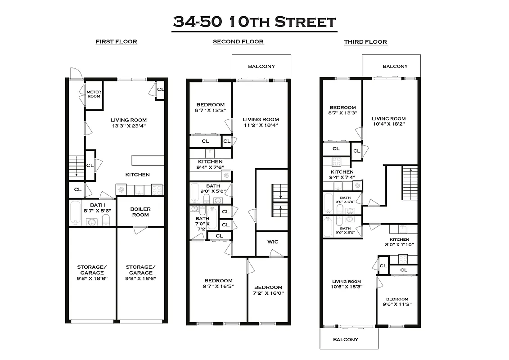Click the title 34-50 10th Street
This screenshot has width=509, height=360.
point(254,22)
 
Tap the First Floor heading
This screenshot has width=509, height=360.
point(116,42)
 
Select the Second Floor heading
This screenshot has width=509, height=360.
point(238,42)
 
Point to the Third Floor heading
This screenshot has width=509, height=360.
point(365,42)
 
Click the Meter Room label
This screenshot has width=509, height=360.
point(93,94)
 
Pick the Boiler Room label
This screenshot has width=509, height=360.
point(140,212)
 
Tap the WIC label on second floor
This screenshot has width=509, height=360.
point(273,242)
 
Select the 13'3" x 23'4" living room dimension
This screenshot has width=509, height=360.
point(129,126)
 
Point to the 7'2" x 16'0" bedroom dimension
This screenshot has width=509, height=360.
point(268,293)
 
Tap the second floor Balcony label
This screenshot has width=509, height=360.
point(261,67)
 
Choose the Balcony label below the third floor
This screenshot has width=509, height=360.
point(346,339)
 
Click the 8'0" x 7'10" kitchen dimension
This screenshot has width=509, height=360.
point(399,245)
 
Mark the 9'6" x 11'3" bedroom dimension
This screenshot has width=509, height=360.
point(397,305)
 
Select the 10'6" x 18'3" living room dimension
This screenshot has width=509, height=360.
point(347,287)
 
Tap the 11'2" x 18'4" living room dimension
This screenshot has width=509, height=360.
point(261,126)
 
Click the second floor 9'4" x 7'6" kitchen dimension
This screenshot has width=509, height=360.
point(210,168)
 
